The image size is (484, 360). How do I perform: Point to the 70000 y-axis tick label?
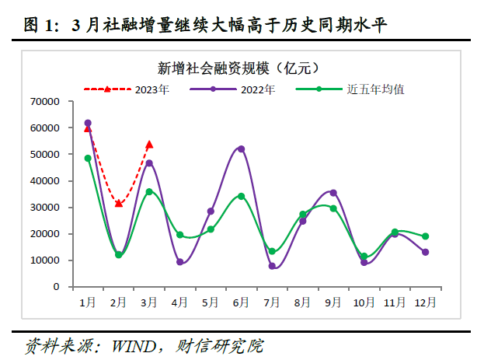click(x=45, y=101)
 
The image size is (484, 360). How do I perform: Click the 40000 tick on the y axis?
click(x=45, y=180)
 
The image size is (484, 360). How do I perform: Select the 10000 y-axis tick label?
click(x=45, y=260)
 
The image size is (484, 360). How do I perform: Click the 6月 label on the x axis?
click(x=241, y=301)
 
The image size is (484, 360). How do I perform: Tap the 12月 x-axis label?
click(x=425, y=301)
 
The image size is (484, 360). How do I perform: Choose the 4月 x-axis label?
click(x=179, y=301)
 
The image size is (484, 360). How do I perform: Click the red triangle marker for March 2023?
click(x=149, y=145)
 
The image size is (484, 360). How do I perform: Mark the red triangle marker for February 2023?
click(x=118, y=204)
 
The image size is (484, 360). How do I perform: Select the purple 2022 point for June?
click(x=241, y=149)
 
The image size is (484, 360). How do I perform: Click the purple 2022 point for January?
click(x=88, y=123)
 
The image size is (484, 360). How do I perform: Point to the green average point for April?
click(x=179, y=235)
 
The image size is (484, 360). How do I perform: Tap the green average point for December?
click(x=425, y=236)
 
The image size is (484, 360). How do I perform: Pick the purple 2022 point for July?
click(x=272, y=266)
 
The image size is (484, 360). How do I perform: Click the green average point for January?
click(x=88, y=159)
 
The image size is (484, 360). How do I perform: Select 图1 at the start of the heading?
click(x=37, y=26)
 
